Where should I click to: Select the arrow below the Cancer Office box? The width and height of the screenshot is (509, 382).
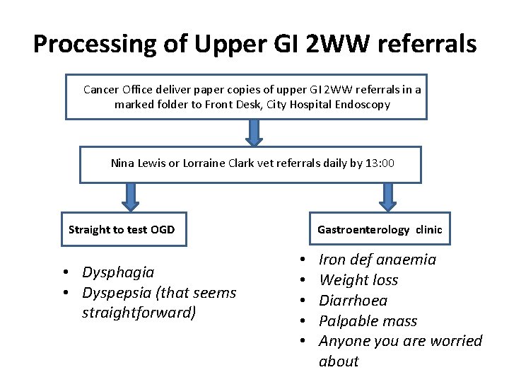254,131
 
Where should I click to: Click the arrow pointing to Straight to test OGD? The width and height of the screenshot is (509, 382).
129,196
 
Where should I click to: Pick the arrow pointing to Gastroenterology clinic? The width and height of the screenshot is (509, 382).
387,196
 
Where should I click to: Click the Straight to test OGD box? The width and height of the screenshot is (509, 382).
123,229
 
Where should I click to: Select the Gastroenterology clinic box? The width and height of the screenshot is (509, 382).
379,229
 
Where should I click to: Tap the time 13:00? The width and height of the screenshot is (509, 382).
380,163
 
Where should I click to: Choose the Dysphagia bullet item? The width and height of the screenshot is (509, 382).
118,272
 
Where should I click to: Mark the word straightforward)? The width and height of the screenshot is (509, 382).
139,313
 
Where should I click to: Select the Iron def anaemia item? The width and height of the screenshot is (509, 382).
378,260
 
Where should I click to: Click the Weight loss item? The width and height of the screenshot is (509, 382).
358,280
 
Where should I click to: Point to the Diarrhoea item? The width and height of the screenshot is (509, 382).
353,300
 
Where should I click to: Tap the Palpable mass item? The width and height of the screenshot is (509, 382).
368,320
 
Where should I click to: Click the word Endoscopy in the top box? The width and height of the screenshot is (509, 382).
363,105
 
